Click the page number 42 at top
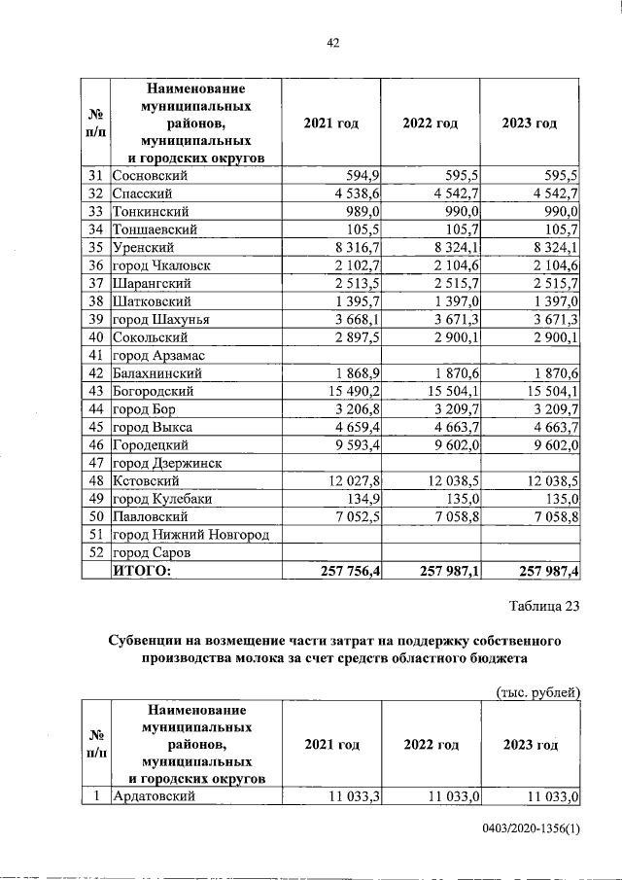point(331,43)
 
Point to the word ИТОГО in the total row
point(142,571)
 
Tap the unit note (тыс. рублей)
point(537,691)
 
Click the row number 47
point(95,462)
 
